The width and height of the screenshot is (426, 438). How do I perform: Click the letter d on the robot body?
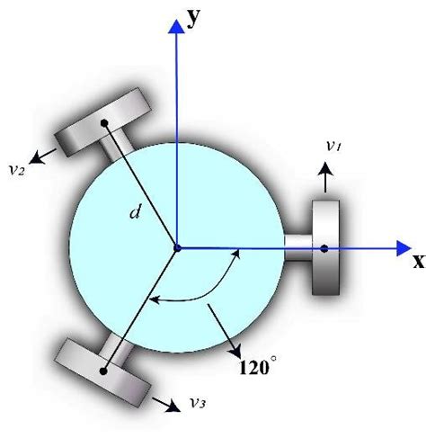(x=135, y=213)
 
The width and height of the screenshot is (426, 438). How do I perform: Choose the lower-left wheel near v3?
(x=104, y=369)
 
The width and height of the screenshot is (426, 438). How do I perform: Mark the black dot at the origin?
(x=177, y=247)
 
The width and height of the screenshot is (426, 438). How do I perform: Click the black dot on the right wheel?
(x=324, y=248)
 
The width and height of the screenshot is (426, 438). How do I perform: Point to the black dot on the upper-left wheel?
(x=105, y=122)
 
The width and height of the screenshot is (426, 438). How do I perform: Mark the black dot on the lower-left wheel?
(x=105, y=369)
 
